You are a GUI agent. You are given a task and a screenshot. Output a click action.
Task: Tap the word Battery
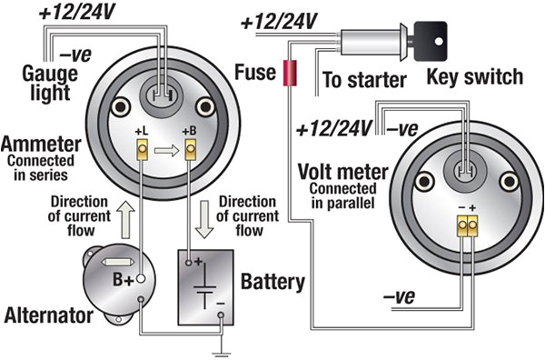click(272, 282)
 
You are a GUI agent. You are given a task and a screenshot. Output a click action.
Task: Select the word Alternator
click(50, 316)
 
